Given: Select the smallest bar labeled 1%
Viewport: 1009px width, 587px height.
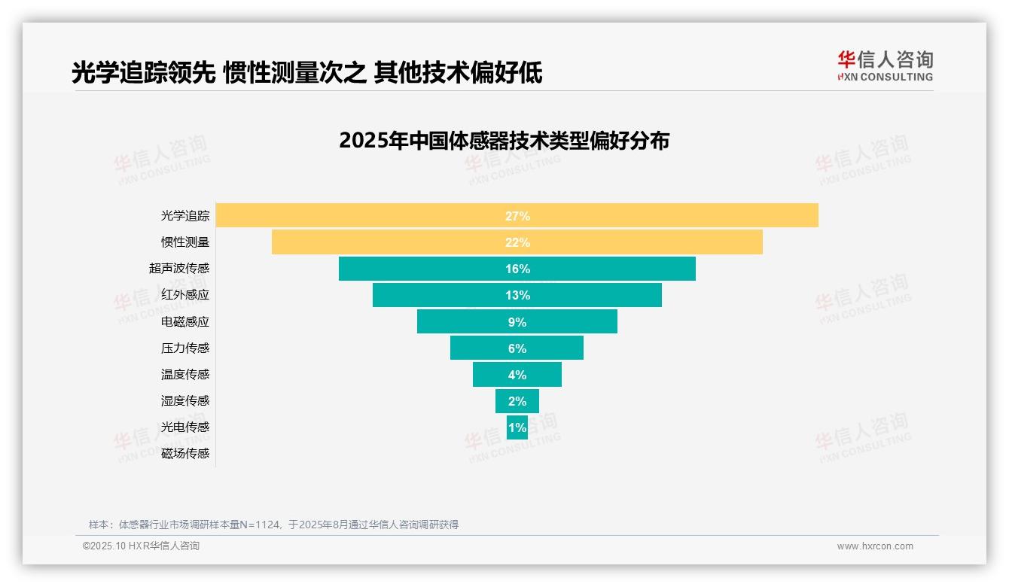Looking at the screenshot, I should tap(517, 427).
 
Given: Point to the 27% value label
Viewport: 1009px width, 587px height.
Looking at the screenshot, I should tap(517, 216).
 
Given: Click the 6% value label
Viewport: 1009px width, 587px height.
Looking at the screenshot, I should tap(517, 348).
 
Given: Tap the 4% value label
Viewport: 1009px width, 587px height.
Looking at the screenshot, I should tap(517, 375).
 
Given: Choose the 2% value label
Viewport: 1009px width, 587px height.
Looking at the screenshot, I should tap(517, 401).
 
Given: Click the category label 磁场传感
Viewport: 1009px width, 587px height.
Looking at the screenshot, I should tap(185, 454).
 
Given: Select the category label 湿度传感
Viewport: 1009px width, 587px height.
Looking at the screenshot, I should tap(185, 401).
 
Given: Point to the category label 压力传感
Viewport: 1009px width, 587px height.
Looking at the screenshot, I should tap(185, 348).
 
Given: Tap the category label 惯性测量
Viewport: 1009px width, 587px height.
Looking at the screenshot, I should tap(185, 242).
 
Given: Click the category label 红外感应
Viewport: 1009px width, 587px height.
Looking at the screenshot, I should tap(185, 295).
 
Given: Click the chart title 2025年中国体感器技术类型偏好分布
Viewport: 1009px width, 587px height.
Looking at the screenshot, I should tap(504, 141).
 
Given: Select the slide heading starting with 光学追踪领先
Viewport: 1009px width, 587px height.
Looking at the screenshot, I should tap(306, 73).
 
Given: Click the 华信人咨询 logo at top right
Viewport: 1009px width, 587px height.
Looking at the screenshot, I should tap(885, 65).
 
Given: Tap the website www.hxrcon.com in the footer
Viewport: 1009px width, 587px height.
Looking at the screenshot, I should tap(875, 546).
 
